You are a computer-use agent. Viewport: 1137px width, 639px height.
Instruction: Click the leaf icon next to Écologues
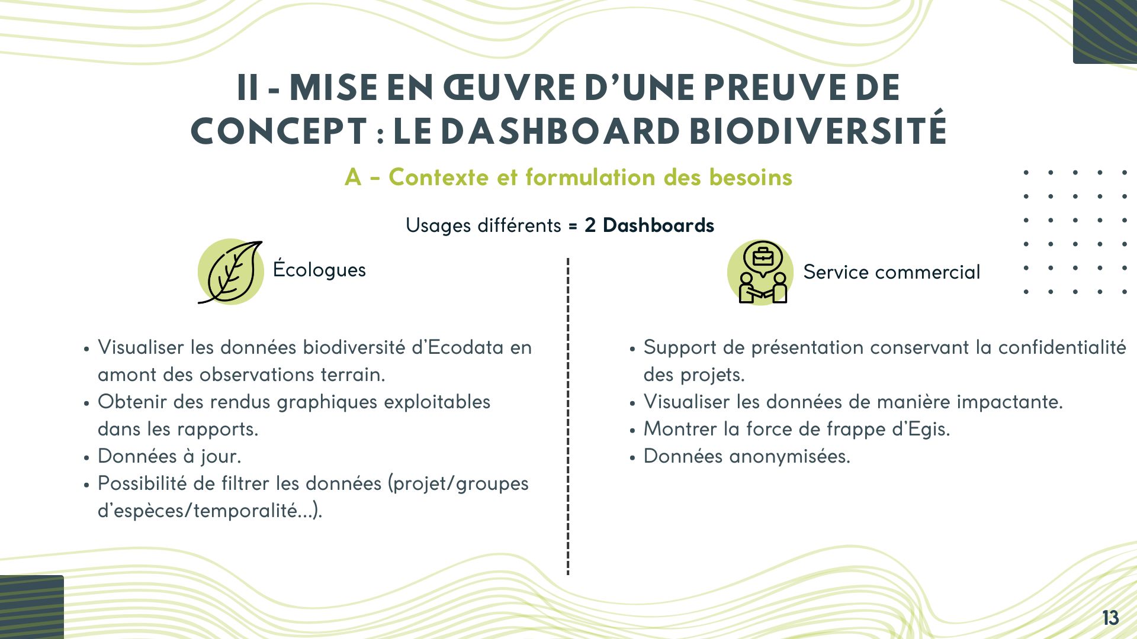tap(230, 272)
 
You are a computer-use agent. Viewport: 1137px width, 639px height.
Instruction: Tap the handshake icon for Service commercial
tap(760, 272)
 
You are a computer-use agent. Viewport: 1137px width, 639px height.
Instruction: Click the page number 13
tap(1110, 618)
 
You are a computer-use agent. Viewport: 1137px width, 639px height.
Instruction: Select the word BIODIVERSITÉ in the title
tap(818, 131)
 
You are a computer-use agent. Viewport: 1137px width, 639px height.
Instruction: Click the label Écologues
tap(319, 270)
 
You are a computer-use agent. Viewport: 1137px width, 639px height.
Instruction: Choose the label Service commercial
tap(891, 272)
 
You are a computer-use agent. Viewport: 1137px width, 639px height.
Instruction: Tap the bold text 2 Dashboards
tap(649, 225)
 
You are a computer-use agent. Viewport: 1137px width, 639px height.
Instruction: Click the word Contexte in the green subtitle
tap(438, 177)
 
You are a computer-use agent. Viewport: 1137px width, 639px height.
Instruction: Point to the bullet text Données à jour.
tap(169, 456)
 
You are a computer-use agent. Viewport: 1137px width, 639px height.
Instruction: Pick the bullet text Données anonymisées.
tap(747, 456)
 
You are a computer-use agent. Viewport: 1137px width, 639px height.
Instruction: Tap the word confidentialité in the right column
tap(1062, 347)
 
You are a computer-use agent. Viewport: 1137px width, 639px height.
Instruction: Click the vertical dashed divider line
tap(568, 414)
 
